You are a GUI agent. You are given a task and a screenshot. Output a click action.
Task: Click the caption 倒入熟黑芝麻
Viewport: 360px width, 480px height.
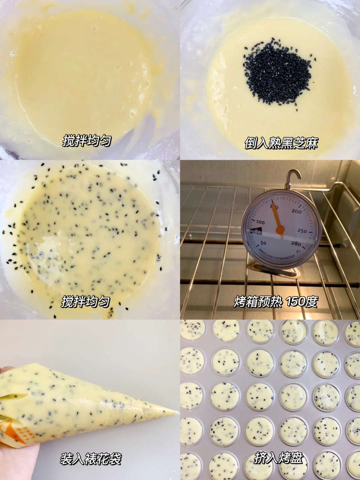pos(281,143)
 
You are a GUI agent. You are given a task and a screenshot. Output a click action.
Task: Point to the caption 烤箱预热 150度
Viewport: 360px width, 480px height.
pos(275,302)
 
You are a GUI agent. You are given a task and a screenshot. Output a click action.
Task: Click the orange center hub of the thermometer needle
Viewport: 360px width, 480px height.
pos(280,229)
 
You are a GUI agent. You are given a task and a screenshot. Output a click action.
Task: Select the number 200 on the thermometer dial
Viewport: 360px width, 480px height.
pos(296,211)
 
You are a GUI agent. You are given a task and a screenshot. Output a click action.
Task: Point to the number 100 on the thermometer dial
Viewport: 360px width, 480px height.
pos(260,222)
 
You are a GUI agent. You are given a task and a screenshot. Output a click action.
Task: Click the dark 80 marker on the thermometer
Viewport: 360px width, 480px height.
pos(256,231)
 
